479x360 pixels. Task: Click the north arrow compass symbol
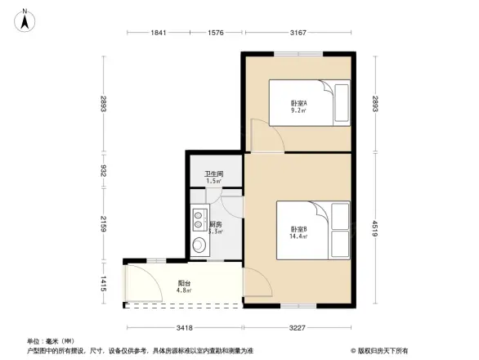(x=25, y=18)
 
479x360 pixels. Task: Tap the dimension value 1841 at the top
(x=159, y=33)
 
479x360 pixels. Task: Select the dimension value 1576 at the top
(x=215, y=33)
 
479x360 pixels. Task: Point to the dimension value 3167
(x=297, y=33)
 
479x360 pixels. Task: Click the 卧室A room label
(x=298, y=106)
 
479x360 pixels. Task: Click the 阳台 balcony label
(x=185, y=286)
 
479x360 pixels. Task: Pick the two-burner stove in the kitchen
(x=198, y=218)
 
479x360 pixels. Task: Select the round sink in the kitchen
(x=198, y=245)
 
